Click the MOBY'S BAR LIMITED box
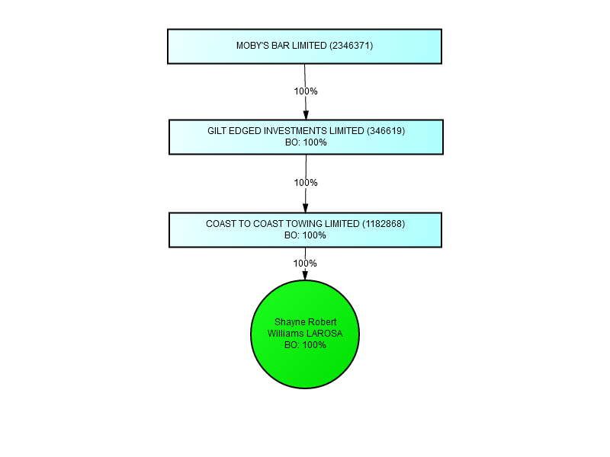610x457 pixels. tap(304, 46)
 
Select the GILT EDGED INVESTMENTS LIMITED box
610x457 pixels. tap(307, 137)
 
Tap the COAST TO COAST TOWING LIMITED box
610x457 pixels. tap(306, 230)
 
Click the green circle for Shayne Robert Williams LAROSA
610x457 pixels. tap(305, 334)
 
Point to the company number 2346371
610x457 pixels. tap(352, 46)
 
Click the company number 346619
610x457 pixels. tap(386, 131)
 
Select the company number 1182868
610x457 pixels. tap(384, 224)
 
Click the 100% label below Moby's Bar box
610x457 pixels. tap(306, 91)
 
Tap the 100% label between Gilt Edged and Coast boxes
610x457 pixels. tap(306, 183)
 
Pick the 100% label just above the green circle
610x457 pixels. tap(305, 264)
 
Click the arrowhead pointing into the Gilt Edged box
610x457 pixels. tap(306, 115)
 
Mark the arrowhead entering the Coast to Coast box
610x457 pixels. tap(306, 208)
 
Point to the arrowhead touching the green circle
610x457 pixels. tap(305, 275)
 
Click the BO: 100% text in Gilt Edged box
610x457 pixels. tap(306, 142)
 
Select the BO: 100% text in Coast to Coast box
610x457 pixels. tap(305, 235)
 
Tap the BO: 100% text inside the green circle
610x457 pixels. tap(305, 345)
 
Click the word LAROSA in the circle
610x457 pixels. tap(324, 334)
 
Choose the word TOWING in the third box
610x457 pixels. tap(300, 224)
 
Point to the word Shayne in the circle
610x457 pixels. tap(288, 322)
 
